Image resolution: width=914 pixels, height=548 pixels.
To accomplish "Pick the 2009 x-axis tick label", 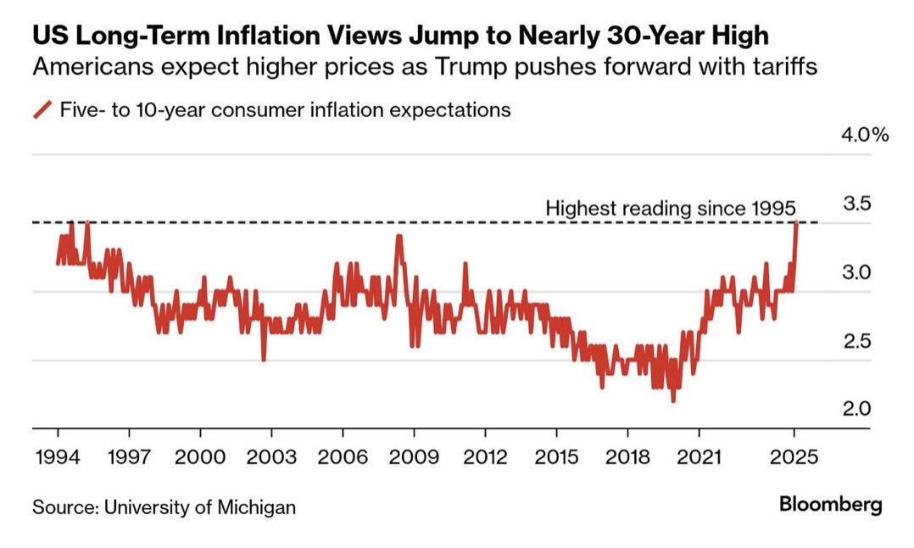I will tap(413, 456).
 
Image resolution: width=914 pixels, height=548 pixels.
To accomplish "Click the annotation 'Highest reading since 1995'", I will tap(670, 208).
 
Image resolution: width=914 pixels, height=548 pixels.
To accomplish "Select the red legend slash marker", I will tap(42, 110).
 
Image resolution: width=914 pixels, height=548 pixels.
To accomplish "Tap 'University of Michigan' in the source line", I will tap(199, 507).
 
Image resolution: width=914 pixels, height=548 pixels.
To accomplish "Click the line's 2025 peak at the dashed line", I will tap(796, 222).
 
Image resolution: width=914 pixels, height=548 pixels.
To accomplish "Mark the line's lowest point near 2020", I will tap(673, 400).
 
